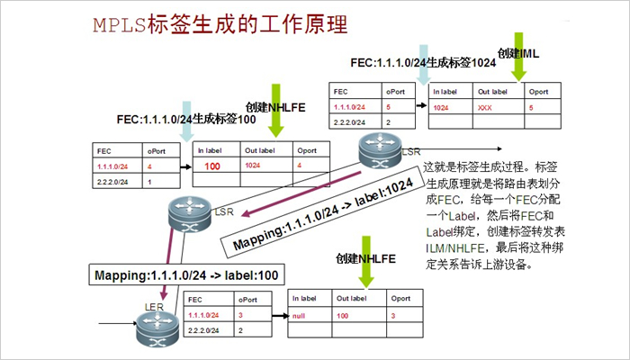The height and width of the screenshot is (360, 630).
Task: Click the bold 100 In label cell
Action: pyautogui.click(x=212, y=166)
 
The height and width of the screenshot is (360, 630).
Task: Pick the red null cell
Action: pyautogui.click(x=300, y=316)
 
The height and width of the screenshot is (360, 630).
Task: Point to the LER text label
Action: pyautogui.click(x=154, y=308)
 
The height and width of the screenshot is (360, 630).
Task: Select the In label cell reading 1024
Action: pyautogui.click(x=441, y=108)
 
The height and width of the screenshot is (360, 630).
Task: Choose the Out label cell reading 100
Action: pyautogui.click(x=342, y=316)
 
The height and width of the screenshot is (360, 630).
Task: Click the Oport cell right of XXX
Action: pyautogui.click(x=532, y=108)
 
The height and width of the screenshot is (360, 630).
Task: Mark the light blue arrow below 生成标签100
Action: pyautogui.click(x=186, y=131)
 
